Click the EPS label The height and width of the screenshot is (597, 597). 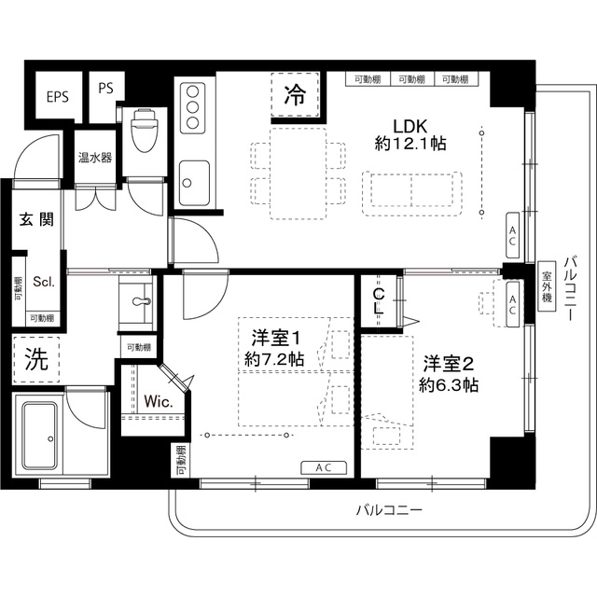tap(57, 96)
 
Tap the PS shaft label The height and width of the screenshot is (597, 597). tap(105, 90)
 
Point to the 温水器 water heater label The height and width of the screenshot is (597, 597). tap(94, 158)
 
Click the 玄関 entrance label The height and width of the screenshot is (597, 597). tap(36, 220)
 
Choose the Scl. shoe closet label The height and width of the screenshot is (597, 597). tap(44, 282)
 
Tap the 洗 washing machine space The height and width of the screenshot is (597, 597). tap(35, 361)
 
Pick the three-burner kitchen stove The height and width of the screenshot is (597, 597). tap(193, 108)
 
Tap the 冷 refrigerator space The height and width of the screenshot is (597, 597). tap(294, 94)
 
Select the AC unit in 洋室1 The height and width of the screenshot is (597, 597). tap(323, 467)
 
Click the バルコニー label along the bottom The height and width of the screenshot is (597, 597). tap(389, 511)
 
